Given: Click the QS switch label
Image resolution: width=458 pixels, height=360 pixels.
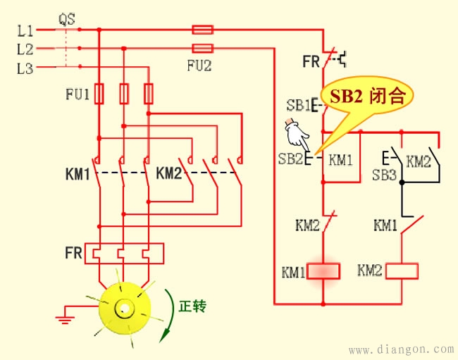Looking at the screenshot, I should click(x=67, y=18).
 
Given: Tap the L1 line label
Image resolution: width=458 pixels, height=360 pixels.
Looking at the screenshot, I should click(x=25, y=30).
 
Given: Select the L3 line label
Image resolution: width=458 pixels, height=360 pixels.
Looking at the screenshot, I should click(x=25, y=68).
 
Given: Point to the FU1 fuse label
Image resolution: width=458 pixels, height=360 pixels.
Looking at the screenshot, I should click(x=77, y=94).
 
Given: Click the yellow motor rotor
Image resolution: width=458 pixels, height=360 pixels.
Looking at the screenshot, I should click(x=123, y=307).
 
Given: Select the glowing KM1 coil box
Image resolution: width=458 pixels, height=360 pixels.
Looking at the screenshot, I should click(x=323, y=271).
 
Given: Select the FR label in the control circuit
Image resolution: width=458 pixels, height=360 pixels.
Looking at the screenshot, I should click(x=311, y=62).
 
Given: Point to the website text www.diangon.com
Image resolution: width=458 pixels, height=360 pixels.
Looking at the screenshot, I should click(x=402, y=349).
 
